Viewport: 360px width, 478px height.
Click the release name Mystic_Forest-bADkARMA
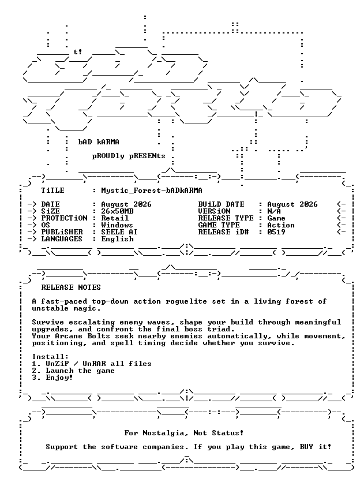point(152,191)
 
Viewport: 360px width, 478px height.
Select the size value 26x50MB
point(117,211)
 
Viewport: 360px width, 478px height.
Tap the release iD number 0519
point(276,232)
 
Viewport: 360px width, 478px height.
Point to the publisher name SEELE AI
point(119,232)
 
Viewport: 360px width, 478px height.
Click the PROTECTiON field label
point(64,218)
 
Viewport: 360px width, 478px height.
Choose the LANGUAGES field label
point(62,238)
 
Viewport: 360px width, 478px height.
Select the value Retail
point(115,218)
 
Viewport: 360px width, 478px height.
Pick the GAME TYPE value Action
point(281,225)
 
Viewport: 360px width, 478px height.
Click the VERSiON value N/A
point(274,211)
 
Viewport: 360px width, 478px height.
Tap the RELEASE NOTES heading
point(71,287)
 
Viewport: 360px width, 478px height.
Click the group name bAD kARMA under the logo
point(99,142)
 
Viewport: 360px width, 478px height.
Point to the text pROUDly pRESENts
point(129,156)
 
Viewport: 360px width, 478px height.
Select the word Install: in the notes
point(50,357)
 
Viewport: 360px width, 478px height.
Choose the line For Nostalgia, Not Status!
point(184,433)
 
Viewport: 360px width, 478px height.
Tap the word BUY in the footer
point(306,447)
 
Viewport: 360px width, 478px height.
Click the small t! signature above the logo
point(78,52)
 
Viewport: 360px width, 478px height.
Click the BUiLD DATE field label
point(221,204)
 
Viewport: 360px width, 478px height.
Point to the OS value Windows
point(117,225)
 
